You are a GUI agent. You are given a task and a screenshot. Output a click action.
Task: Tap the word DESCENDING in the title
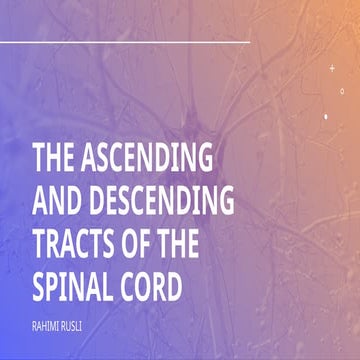coord(159,203)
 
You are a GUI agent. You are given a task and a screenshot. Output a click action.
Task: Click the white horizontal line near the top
coord(125,43)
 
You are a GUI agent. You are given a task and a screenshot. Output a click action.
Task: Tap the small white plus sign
coord(332,68)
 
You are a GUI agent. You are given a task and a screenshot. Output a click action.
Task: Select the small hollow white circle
coord(342,91)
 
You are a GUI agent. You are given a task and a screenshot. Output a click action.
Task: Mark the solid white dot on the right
coord(326,116)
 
